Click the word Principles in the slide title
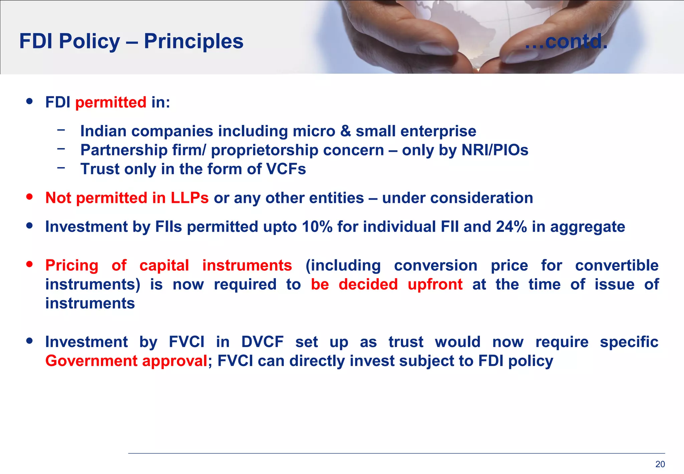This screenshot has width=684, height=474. (193, 41)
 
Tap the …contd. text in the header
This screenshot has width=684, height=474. (566, 41)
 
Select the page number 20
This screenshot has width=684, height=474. (660, 464)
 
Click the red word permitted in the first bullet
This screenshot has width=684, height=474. (111, 102)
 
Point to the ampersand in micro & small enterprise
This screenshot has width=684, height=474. (345, 131)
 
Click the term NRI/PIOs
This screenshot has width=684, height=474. (495, 150)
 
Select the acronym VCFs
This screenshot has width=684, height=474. (286, 169)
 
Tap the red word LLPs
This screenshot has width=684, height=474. (190, 198)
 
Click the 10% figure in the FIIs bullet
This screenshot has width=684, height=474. (317, 227)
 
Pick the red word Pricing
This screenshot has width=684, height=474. (72, 266)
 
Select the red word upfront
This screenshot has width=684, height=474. (435, 284)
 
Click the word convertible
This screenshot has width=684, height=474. (617, 265)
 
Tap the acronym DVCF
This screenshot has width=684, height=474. (262, 342)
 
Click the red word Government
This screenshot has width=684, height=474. (91, 361)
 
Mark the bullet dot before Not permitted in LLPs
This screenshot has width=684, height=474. (30, 197)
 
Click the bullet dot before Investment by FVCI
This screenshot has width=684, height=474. (30, 341)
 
